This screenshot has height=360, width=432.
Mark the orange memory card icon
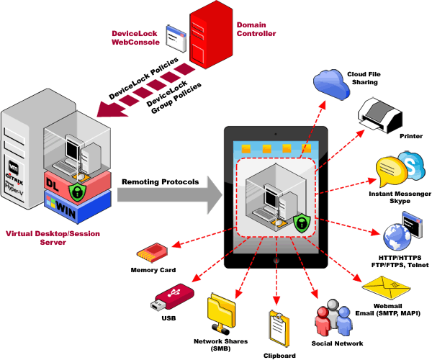click(152, 253)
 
